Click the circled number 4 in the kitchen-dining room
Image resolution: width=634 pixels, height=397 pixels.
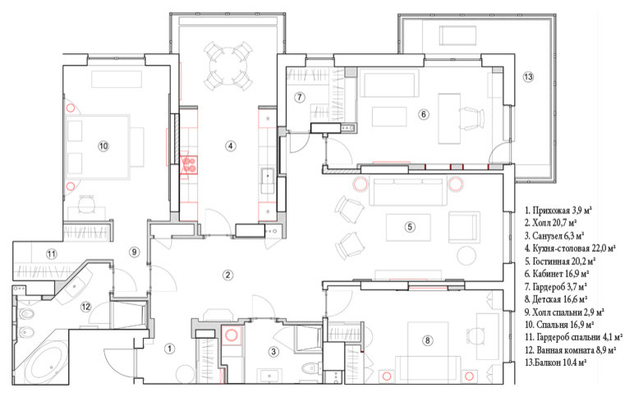(230, 145)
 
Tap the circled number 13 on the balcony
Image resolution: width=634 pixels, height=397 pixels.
(528, 76)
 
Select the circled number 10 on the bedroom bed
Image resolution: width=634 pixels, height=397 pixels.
(103, 146)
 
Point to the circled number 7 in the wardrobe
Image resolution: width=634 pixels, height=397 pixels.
(299, 98)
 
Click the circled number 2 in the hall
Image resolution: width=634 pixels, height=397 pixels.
(227, 275)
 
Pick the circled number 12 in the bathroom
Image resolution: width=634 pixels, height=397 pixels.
(85, 307)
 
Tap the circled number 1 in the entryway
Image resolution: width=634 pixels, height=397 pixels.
(170, 348)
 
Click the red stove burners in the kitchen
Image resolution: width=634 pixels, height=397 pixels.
(189, 164)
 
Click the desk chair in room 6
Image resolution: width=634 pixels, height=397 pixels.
(472, 118)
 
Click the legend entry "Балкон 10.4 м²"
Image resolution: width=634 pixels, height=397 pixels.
(555, 363)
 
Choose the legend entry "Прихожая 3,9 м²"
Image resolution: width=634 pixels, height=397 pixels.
(558, 211)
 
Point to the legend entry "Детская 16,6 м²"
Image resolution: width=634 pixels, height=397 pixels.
(555, 299)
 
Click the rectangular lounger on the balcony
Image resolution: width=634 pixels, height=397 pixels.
(457, 35)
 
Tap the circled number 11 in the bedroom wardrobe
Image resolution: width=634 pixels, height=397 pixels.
(51, 254)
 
